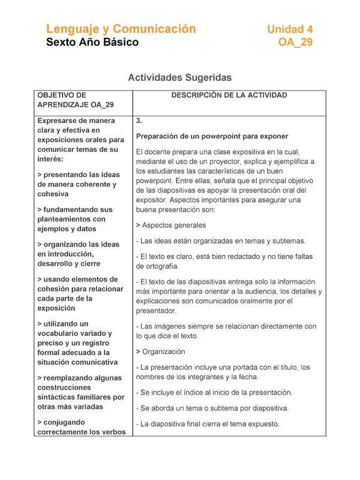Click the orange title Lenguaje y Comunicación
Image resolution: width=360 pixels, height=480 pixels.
click(121, 29)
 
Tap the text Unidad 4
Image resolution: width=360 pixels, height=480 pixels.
click(289, 29)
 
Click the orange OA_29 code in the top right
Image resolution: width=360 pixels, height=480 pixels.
click(295, 43)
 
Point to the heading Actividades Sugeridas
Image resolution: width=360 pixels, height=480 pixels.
click(179, 78)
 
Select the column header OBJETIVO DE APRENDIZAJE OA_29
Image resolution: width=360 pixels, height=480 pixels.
click(75, 100)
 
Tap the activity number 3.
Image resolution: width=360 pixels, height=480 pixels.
click(139, 121)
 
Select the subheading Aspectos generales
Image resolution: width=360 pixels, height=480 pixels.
click(173, 225)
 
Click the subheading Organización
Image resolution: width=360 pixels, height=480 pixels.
click(164, 352)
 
